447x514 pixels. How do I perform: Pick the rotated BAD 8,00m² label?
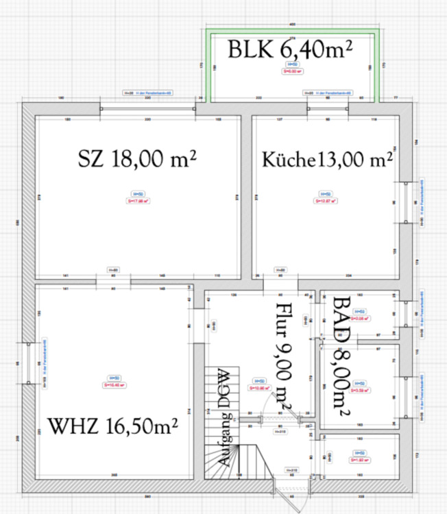(x=341, y=356)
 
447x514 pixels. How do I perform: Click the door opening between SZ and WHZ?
(x=114, y=280)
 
